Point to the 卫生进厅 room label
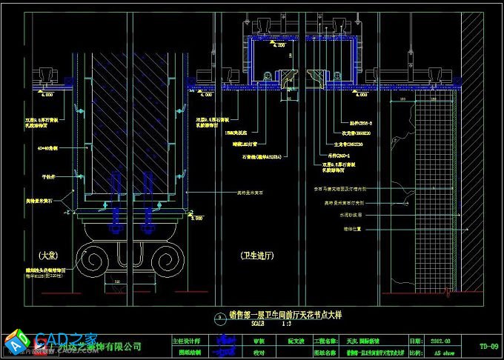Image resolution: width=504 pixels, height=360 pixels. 257,255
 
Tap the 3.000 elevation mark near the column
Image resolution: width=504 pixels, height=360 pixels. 196,219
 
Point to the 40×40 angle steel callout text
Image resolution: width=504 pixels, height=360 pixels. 49,147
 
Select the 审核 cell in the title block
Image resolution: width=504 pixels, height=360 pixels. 259,341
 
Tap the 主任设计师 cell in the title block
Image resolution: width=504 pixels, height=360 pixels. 186,341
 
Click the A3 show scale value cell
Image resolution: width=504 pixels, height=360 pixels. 443,353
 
